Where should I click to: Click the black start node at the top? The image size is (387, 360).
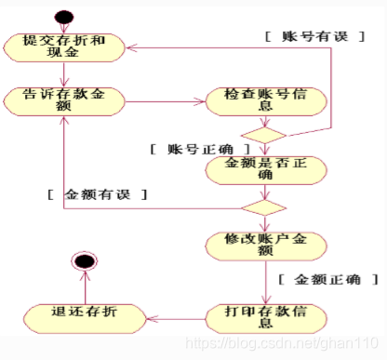click(64, 16)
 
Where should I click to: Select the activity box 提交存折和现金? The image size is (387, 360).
click(63, 47)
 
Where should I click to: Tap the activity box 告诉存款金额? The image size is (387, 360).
click(63, 100)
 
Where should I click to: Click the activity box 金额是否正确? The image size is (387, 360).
click(263, 168)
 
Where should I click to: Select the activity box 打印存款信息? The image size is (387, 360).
click(263, 316)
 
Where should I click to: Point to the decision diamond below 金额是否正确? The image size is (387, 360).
click(263, 204)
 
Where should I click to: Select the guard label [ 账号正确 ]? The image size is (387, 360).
click(199, 149)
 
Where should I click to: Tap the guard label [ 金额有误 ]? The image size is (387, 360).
click(99, 195)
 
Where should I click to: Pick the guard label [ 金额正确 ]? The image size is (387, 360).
click(326, 279)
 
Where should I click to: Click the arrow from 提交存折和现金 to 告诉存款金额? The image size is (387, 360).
click(63, 74)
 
